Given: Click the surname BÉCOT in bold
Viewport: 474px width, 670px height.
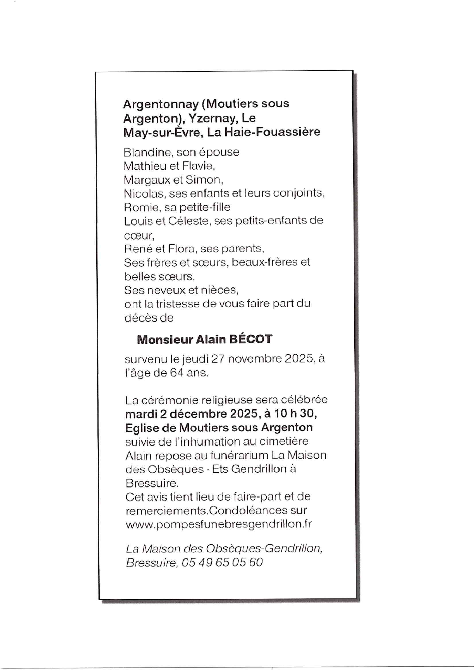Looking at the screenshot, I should click(251, 339).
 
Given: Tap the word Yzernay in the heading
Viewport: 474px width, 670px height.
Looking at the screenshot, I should click(212, 118).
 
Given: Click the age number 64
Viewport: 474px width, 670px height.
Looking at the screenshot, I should click(177, 373).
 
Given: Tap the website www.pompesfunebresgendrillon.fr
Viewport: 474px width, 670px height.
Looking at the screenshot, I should click(219, 524).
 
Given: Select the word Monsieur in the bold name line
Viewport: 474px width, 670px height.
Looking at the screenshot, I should click(165, 339).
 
